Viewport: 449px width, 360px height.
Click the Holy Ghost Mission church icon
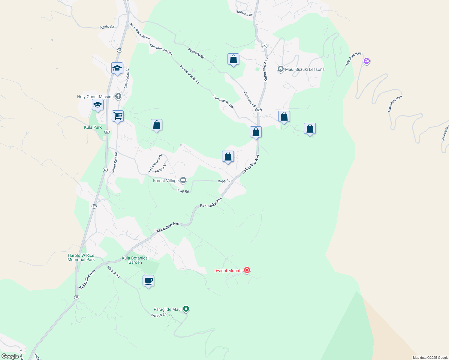coord(118,96)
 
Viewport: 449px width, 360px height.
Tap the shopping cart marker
coord(118,116)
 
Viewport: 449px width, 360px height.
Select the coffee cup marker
coord(148,281)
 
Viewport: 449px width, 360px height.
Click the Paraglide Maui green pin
coord(186,308)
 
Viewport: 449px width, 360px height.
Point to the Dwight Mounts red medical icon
coord(247,270)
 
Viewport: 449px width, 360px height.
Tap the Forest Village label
coord(166,181)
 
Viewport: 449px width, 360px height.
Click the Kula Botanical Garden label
coord(135,260)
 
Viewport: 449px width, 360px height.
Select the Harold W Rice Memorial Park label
coord(81,257)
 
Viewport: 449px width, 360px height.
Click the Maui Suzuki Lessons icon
coord(280,69)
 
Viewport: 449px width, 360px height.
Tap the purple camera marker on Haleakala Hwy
coord(366,61)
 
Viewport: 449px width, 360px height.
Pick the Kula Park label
coord(93,127)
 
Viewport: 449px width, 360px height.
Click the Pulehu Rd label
coord(107,27)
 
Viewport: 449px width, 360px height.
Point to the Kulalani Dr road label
coord(245,13)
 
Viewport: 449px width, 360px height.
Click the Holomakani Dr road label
coord(155,163)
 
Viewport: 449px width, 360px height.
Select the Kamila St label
coord(160,168)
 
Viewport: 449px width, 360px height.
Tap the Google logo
coord(10,356)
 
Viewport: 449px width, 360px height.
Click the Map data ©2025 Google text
coord(430,358)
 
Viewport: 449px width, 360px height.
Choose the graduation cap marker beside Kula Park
coord(98,105)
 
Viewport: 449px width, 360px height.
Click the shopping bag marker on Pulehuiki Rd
coord(233,59)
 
